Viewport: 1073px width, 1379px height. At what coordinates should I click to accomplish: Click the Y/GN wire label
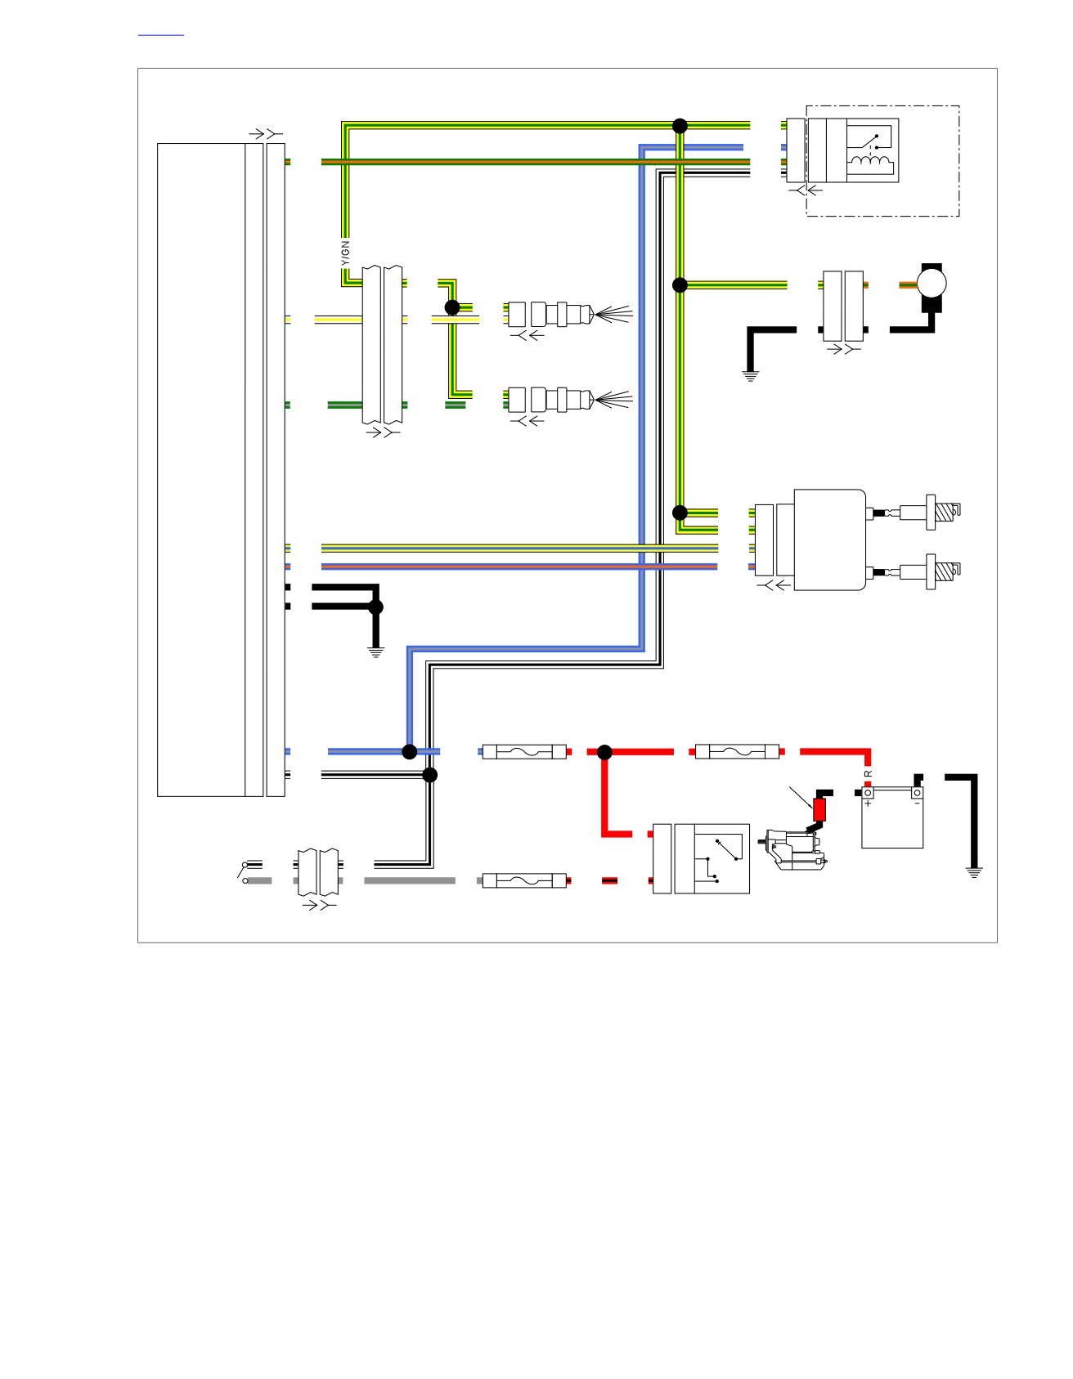[x=345, y=253]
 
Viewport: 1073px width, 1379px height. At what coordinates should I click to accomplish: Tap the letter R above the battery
[x=869, y=773]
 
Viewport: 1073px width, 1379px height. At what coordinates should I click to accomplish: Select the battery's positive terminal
[x=868, y=792]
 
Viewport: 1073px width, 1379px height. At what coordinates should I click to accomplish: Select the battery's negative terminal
[x=918, y=792]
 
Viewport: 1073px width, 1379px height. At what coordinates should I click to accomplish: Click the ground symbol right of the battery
[x=973, y=871]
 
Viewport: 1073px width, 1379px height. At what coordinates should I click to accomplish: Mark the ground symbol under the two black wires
[x=375, y=652]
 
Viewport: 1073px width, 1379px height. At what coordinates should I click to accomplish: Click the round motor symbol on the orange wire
[x=932, y=284]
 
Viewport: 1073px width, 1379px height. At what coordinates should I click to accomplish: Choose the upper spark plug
[x=943, y=513]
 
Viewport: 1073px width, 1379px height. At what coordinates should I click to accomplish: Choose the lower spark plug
[x=943, y=571]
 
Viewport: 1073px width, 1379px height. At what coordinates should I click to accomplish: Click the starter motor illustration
[x=793, y=848]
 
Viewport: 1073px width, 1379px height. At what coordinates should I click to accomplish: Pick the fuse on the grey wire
[x=524, y=880]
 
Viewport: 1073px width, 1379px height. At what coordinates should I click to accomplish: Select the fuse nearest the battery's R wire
[x=737, y=751]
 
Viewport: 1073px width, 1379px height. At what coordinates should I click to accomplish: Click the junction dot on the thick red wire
[x=605, y=752]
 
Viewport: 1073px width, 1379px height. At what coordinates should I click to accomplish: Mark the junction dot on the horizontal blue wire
[x=410, y=752]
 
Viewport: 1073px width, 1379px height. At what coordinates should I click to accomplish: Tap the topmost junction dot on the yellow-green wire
[x=680, y=126]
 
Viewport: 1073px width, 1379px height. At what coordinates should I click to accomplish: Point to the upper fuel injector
[x=568, y=314]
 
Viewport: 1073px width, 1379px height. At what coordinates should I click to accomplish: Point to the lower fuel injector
[x=568, y=399]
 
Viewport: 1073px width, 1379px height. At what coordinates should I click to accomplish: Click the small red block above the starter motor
[x=819, y=809]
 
